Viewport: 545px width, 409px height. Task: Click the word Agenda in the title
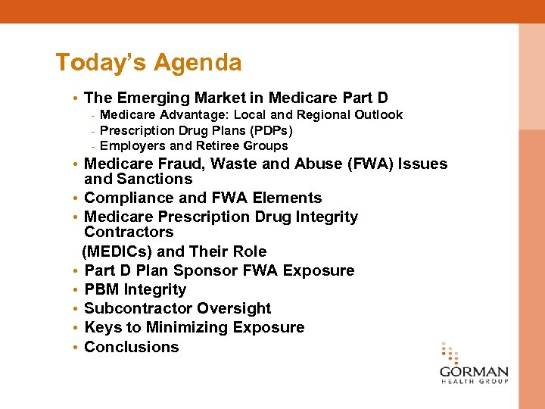[x=198, y=62]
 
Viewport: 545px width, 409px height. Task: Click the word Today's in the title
[x=102, y=62]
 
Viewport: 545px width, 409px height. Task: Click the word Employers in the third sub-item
[x=132, y=145]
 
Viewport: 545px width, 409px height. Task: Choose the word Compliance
[x=127, y=198]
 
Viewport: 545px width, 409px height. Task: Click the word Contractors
[x=129, y=232]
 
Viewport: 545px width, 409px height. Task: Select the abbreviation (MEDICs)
[x=117, y=251]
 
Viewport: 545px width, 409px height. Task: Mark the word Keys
[x=102, y=327]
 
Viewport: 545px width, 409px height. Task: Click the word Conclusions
[x=132, y=347]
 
